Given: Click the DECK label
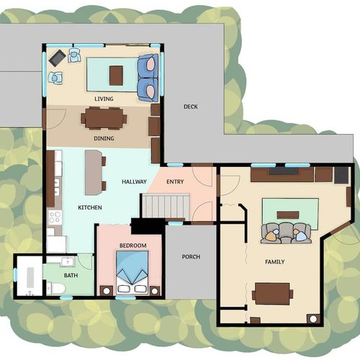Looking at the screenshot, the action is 191,107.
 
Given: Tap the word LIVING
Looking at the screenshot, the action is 104,99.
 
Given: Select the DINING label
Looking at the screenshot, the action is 104,138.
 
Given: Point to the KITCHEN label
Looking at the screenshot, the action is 90,207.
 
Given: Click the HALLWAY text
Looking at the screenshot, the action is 134,181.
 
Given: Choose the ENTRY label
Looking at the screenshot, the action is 175,181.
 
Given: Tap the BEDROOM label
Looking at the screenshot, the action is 133,246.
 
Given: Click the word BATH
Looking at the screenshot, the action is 71,275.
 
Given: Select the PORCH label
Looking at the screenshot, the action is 191,257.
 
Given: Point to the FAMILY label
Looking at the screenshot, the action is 275,261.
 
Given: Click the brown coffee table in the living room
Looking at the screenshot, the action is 117,76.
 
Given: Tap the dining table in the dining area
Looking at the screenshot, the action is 104,118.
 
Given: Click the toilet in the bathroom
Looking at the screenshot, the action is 56,289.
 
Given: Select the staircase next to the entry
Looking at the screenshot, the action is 166,207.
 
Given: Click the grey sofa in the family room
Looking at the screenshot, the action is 286,233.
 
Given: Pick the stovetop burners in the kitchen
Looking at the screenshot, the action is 55,217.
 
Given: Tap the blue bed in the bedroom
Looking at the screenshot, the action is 132,273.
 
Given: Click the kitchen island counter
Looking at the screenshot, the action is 93,172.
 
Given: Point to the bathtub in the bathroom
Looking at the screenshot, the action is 30,277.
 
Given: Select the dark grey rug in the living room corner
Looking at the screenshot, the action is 58,58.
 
